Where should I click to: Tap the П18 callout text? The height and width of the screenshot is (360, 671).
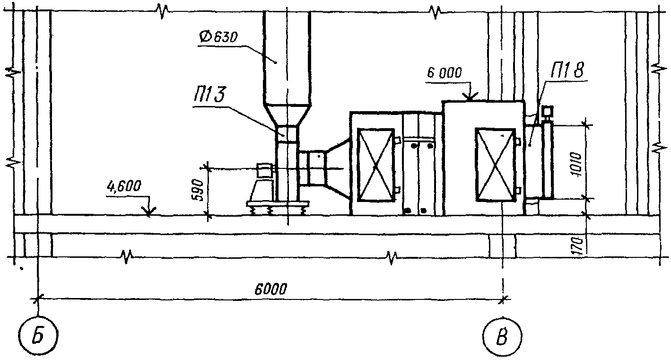[x=567, y=71]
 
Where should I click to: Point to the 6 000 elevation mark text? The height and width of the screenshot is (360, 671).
[x=444, y=73]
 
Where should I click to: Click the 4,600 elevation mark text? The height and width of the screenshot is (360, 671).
[x=124, y=186]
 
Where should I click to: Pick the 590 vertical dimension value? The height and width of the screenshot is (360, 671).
[x=198, y=191]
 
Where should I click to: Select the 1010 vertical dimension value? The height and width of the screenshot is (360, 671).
[x=576, y=164]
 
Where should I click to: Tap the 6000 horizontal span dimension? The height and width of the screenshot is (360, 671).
[x=271, y=289]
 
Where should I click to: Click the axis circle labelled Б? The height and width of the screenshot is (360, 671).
[x=38, y=335]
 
